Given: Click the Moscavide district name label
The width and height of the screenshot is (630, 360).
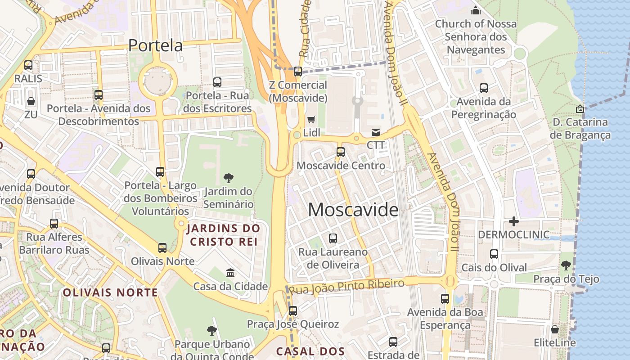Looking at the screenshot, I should pyautogui.click(x=353, y=210).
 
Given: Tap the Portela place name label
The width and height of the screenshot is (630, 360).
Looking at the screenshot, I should pyautogui.click(x=155, y=45).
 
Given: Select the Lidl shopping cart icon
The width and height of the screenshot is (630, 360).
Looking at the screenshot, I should pyautogui.click(x=311, y=120).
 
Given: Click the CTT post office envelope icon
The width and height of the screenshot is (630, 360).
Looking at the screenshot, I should pyautogui.click(x=375, y=132).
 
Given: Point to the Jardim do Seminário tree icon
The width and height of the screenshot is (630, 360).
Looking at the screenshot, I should pyautogui.click(x=229, y=178).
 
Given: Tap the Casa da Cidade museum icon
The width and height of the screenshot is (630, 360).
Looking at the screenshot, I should pyautogui.click(x=230, y=273).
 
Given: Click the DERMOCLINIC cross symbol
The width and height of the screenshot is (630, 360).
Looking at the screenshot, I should pyautogui.click(x=513, y=221).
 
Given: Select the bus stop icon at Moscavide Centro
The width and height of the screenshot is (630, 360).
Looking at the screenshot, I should pyautogui.click(x=341, y=152).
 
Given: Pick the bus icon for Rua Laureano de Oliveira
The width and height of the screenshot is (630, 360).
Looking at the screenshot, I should pyautogui.click(x=333, y=238).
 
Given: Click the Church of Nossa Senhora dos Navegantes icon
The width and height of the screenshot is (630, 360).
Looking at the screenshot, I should pyautogui.click(x=476, y=10).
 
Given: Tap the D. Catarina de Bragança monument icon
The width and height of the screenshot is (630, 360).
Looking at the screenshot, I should pyautogui.click(x=580, y=109).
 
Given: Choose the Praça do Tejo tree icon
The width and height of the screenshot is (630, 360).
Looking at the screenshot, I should pyautogui.click(x=566, y=265).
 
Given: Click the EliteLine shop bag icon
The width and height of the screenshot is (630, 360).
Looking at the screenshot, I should pyautogui.click(x=555, y=329).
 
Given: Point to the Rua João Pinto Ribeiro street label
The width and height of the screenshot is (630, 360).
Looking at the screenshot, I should pyautogui.click(x=346, y=286).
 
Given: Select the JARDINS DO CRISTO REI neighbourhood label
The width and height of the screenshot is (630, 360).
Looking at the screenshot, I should pyautogui.click(x=224, y=235).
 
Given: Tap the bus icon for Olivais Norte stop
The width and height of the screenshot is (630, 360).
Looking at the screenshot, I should pyautogui.click(x=162, y=248).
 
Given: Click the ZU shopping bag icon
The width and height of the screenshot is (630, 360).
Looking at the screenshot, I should pyautogui.click(x=31, y=101).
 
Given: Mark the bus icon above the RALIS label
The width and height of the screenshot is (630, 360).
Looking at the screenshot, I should pyautogui.click(x=28, y=65).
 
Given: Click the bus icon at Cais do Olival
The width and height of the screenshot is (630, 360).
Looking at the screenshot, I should pyautogui.click(x=494, y=254).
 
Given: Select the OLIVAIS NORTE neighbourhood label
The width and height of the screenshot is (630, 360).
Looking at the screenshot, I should pyautogui.click(x=110, y=292).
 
